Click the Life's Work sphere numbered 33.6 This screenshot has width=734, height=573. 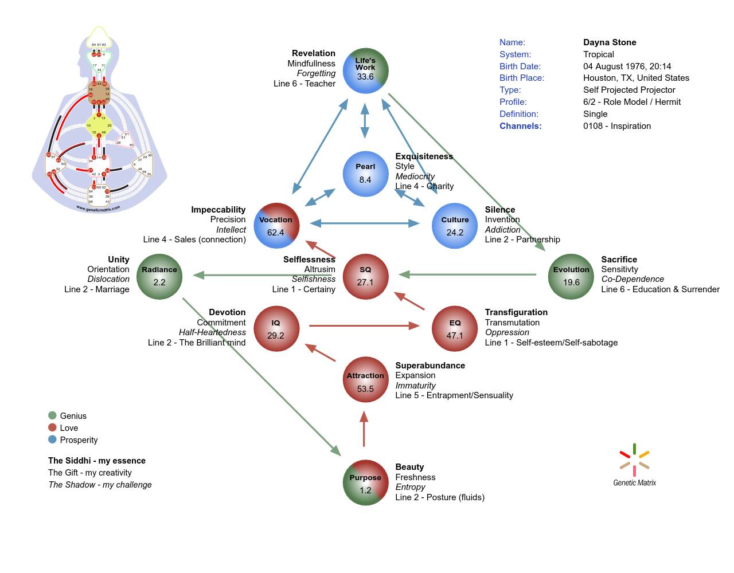[x=365, y=70]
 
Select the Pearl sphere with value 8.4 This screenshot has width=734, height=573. [x=365, y=174]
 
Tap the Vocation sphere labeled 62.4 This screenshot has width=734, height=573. [x=276, y=226]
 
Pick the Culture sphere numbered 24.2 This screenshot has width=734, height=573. [x=455, y=226]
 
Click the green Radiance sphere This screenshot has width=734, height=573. [x=159, y=276]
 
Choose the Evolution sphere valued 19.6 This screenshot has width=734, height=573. [x=571, y=276]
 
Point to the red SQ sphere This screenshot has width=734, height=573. [x=365, y=276]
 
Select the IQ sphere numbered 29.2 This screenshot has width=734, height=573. [x=276, y=329]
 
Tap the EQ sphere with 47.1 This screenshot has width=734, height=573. [x=455, y=329]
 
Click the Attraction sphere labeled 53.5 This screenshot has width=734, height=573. [x=365, y=380]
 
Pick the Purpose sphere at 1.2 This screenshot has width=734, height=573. [x=365, y=483]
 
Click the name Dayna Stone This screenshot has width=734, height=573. [x=610, y=42]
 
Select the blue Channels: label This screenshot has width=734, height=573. [x=520, y=126]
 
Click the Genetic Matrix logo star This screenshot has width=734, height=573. [x=634, y=460]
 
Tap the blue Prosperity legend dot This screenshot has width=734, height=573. [x=52, y=439]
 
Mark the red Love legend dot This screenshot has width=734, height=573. [x=52, y=427]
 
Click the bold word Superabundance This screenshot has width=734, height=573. [x=430, y=366]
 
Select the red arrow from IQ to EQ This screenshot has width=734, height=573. [x=364, y=326]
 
